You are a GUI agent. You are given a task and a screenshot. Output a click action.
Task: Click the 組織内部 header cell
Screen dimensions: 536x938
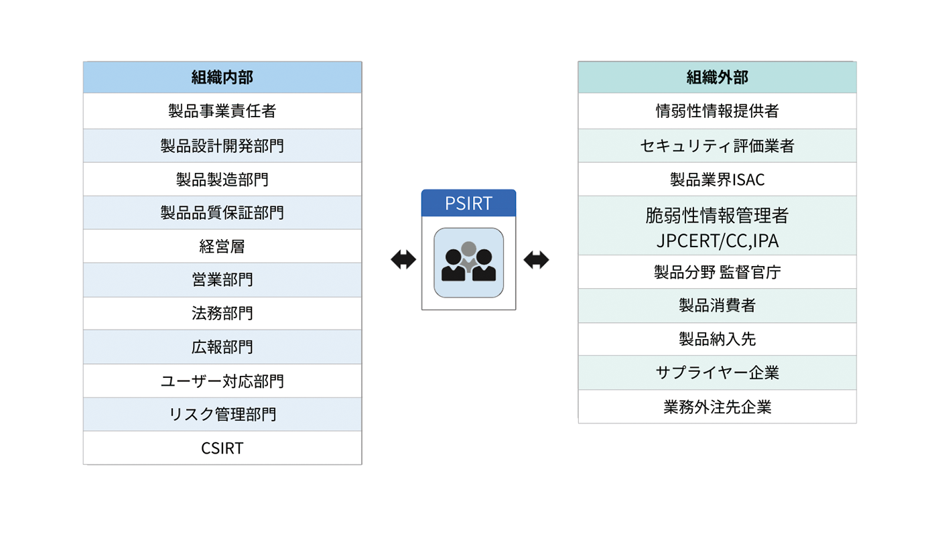[x=222, y=78]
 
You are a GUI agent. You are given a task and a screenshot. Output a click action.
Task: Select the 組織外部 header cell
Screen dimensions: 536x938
[x=717, y=78]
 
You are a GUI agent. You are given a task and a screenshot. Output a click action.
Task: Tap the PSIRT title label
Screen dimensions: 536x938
[x=468, y=204]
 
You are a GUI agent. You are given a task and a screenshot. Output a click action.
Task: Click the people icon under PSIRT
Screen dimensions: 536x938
[x=468, y=263]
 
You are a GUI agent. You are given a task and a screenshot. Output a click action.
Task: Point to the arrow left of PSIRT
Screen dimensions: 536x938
[x=403, y=260]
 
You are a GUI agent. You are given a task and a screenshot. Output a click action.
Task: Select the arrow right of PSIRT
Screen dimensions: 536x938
[x=536, y=260]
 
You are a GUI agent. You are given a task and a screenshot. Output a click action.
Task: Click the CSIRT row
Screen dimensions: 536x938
[x=222, y=448]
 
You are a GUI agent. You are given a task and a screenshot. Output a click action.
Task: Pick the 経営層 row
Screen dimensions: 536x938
[x=222, y=247]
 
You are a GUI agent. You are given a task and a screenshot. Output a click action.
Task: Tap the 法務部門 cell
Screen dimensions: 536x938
[x=222, y=314]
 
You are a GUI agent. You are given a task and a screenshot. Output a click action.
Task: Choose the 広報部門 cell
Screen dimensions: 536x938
[x=222, y=347]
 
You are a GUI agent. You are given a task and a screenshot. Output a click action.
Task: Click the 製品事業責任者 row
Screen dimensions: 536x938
[x=222, y=111]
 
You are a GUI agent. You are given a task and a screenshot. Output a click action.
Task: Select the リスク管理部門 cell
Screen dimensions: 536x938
[x=222, y=415]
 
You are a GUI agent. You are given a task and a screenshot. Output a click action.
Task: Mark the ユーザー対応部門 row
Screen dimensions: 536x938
[x=222, y=381]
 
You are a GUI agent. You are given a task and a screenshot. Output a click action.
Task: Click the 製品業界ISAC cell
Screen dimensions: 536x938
[x=717, y=180]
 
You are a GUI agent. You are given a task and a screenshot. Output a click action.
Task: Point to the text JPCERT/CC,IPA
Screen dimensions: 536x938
[x=717, y=241]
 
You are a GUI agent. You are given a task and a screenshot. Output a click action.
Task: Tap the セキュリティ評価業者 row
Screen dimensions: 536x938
[x=717, y=145]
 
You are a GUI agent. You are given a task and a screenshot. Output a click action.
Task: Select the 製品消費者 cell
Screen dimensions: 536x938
[x=717, y=306]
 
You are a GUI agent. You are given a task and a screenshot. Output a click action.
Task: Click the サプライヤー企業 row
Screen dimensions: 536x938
[x=717, y=373]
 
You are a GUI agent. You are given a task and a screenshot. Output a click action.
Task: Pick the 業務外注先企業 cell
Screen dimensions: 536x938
[x=717, y=407]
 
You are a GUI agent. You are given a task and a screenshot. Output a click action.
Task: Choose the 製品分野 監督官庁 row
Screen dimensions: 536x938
[x=717, y=272]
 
